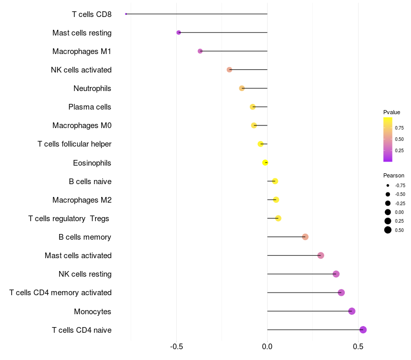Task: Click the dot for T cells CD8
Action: point(126,14)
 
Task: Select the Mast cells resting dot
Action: point(179,32)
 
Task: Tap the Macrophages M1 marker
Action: point(200,51)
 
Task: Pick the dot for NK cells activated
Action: point(230,69)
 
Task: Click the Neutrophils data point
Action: point(242,88)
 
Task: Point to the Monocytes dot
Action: point(352,311)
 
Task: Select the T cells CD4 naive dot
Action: point(363,330)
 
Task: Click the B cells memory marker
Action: point(305,237)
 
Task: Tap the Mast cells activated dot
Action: point(321,256)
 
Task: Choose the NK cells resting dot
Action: point(337,274)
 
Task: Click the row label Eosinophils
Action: point(92,163)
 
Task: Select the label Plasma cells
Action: point(90,107)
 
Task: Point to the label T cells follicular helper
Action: point(74,144)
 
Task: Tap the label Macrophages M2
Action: point(82,200)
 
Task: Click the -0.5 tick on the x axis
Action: point(176,347)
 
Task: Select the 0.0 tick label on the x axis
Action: point(267,347)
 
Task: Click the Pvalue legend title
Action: point(391,112)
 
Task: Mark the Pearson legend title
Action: point(394,175)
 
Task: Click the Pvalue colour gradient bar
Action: point(388,139)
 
